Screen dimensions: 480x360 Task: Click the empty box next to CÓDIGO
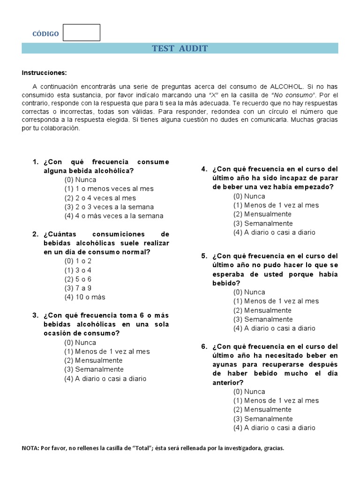pos(82,32)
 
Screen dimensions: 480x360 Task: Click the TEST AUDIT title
pos(180,48)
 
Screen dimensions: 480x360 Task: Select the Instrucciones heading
pos(45,73)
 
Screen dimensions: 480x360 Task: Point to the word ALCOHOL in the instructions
pos(286,87)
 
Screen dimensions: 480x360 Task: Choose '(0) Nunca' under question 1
pos(80,180)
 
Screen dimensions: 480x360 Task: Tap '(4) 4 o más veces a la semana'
pos(114,216)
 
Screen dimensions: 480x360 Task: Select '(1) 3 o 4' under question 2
pos(78,270)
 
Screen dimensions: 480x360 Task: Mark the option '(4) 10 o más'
pos(85,297)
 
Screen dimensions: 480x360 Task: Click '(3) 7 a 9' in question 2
pos(78,288)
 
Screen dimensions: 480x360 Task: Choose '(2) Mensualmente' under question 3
pos(93,360)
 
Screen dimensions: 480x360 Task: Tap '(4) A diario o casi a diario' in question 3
pos(105,378)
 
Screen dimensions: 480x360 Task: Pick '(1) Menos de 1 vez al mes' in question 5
pos(276,301)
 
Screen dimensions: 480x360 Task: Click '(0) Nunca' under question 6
pos(249,391)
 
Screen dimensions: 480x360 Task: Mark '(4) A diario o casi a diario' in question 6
pos(274,427)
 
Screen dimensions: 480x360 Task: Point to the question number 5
pos(204,256)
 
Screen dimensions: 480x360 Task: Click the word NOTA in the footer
pos(30,448)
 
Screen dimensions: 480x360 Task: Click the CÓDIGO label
pos(45,34)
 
